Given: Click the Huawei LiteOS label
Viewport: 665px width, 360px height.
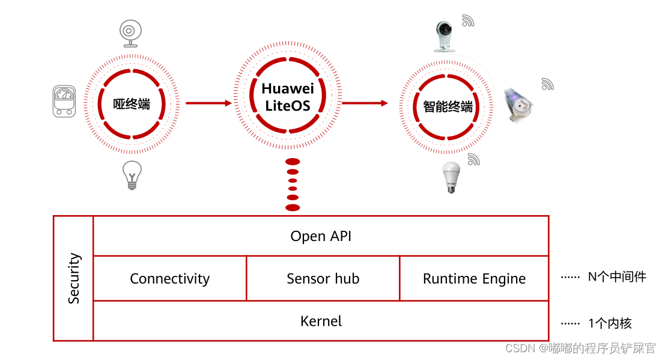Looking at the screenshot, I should (287, 97).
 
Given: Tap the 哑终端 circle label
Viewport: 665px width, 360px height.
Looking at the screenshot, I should (132, 105).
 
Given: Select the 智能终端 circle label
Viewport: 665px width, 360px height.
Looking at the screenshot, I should (448, 107).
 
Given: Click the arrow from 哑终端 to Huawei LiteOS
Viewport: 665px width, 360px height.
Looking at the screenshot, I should (208, 103).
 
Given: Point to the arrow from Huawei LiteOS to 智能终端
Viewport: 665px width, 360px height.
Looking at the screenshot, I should (365, 103).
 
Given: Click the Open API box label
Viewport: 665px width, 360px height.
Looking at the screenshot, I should (321, 236).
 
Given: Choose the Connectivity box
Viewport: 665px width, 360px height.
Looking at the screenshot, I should (170, 279).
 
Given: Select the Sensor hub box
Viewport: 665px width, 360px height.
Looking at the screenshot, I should (323, 279).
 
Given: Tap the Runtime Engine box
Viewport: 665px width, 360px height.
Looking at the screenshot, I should (474, 279).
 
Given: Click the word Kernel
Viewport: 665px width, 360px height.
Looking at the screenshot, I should (321, 322).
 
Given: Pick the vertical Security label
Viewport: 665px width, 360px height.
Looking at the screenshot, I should (74, 278).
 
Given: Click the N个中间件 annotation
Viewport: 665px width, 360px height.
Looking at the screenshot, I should (616, 278).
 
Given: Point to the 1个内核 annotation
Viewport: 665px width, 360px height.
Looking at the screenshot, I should (609, 323).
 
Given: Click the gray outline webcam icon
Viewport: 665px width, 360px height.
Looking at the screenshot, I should (129, 33).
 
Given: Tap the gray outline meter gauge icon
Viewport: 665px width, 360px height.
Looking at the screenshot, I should (65, 101).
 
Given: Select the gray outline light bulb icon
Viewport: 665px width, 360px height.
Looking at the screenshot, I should (132, 175).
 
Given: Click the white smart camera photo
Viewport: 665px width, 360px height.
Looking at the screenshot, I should (445, 36).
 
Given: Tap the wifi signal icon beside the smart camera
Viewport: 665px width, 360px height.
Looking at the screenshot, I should (468, 21).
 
